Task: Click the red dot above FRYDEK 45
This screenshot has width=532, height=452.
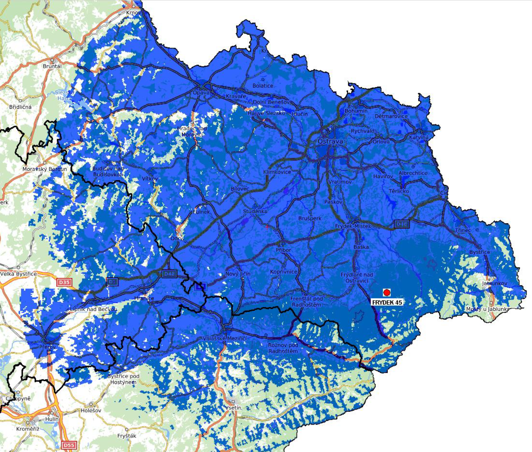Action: point(387,292)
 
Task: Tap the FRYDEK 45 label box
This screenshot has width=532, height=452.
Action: point(387,302)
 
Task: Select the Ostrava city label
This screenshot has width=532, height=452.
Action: point(330,142)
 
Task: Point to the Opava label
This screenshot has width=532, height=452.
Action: point(201,92)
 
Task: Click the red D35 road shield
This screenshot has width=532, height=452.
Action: point(64,282)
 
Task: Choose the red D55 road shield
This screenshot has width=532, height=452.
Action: point(69,445)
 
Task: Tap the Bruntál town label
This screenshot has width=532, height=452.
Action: point(52,66)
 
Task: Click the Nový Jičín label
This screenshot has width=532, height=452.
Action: point(238,274)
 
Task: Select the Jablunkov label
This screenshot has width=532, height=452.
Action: point(494,283)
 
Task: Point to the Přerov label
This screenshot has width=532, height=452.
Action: point(48,347)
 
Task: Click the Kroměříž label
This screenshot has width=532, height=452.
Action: point(28,429)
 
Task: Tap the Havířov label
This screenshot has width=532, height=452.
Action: point(383,176)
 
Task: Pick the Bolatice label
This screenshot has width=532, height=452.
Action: point(263,86)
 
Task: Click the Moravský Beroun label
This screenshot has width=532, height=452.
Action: point(44,169)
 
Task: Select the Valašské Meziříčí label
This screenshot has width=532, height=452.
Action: point(225,338)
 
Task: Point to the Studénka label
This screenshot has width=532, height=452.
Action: point(255,211)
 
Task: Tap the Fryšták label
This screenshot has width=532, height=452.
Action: point(126,436)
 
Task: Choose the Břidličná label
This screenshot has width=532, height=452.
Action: point(20,107)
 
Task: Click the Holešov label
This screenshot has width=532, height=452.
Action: point(91,410)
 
